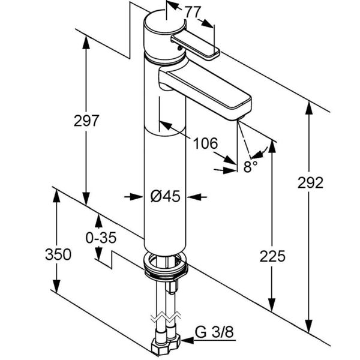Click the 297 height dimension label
click(86, 121)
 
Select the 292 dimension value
click(310, 183)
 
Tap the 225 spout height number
click(272, 256)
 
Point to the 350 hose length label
click(58, 254)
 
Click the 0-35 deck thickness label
click(101, 238)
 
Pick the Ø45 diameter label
click(166, 197)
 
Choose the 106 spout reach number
click(205, 143)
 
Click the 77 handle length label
click(193, 12)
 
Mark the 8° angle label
click(250, 166)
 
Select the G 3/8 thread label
click(214, 332)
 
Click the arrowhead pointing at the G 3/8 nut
click(187, 340)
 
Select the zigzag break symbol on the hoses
click(166, 318)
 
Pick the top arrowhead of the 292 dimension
click(309, 108)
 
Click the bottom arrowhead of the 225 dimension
click(272, 305)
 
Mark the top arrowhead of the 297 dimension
click(86, 43)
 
